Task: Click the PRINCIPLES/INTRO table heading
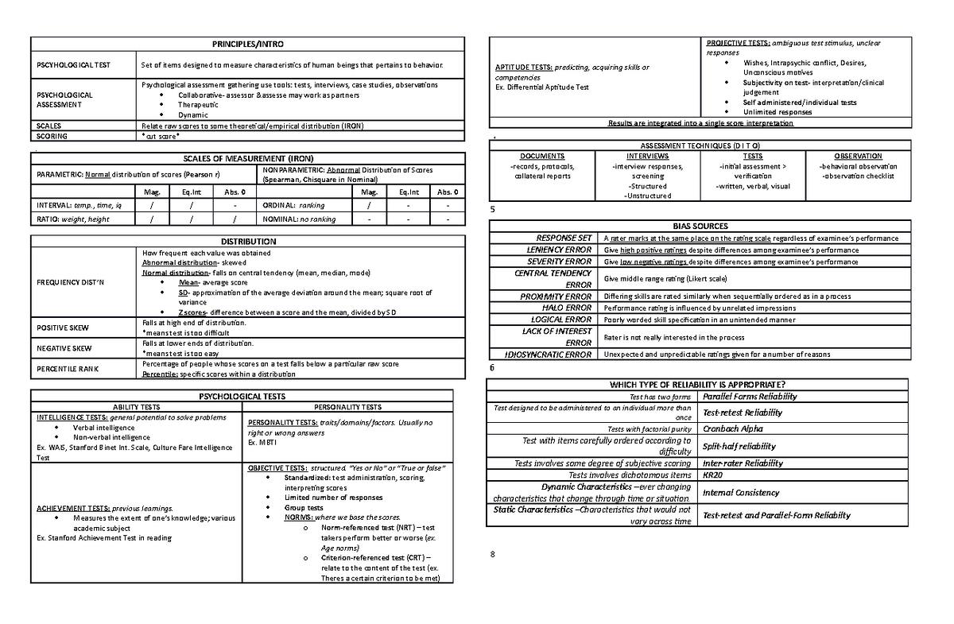(246, 44)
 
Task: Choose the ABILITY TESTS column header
(137, 407)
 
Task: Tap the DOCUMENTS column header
(541, 157)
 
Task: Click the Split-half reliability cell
(739, 446)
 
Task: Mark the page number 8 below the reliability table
(493, 554)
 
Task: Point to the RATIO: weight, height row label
(72, 219)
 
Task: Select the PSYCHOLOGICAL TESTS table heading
(242, 395)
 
